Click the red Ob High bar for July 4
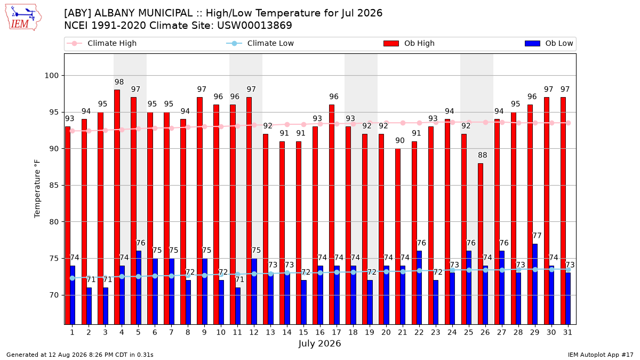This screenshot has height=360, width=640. tap(117, 207)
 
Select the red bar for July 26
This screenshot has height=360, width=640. tap(481, 244)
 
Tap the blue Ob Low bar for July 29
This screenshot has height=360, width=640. tap(535, 284)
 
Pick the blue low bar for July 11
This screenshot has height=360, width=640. tap(238, 306)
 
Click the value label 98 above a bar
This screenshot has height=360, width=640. tap(119, 82)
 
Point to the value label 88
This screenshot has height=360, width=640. tap(483, 155)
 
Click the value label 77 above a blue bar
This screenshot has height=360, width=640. tap(537, 236)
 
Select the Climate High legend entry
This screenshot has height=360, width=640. tap(101, 43)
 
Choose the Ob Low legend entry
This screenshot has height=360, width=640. tap(549, 43)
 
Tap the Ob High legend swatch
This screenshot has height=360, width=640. tap(391, 43)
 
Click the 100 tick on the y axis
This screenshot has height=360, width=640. tap(51, 76)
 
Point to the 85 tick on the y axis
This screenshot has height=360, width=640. tap(54, 186)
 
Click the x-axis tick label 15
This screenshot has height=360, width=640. tap(303, 332)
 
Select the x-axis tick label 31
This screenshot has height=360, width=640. tap(567, 332)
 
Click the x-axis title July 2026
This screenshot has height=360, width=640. tap(319, 343)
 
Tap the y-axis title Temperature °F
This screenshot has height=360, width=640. tap(37, 189)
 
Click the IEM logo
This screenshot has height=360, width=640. tap(23, 18)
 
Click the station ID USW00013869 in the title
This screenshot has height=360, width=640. tap(254, 26)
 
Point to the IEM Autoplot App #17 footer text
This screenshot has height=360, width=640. tap(601, 355)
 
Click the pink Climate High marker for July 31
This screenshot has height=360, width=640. tap(569, 123)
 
